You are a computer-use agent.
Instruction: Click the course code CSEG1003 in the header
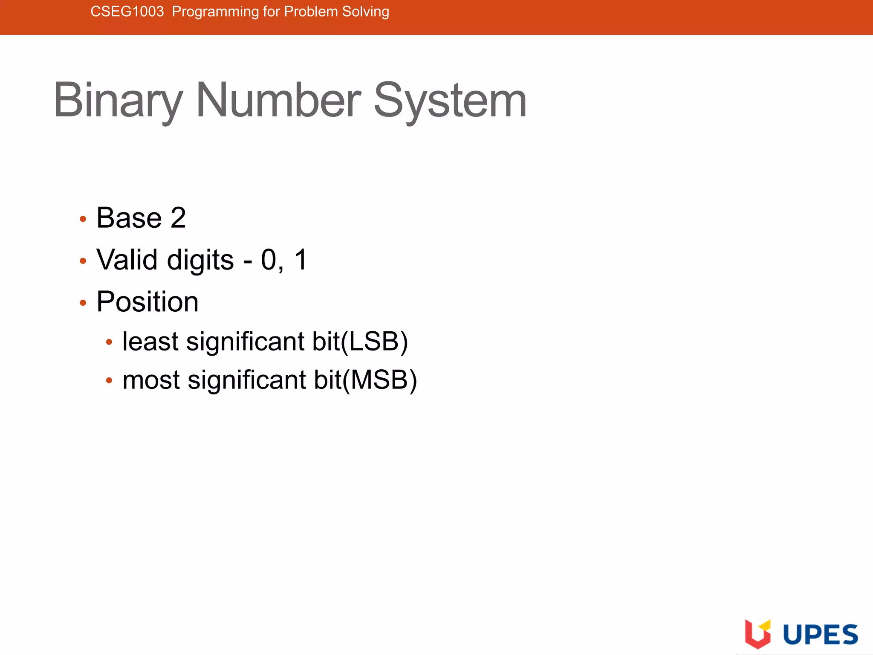point(127,12)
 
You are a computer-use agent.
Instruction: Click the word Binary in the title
point(118,101)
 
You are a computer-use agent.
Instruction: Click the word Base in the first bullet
point(129,218)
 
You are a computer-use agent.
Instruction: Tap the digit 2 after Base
point(178,218)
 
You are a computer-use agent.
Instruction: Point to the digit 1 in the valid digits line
point(301,260)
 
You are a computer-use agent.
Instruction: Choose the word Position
point(147,302)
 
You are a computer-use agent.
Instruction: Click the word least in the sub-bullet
point(150,342)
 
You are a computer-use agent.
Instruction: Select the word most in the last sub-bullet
point(151,380)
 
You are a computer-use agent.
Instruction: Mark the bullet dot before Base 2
point(83,219)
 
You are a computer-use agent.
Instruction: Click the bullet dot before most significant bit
point(109,380)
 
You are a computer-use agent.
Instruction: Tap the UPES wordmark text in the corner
point(821,635)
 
